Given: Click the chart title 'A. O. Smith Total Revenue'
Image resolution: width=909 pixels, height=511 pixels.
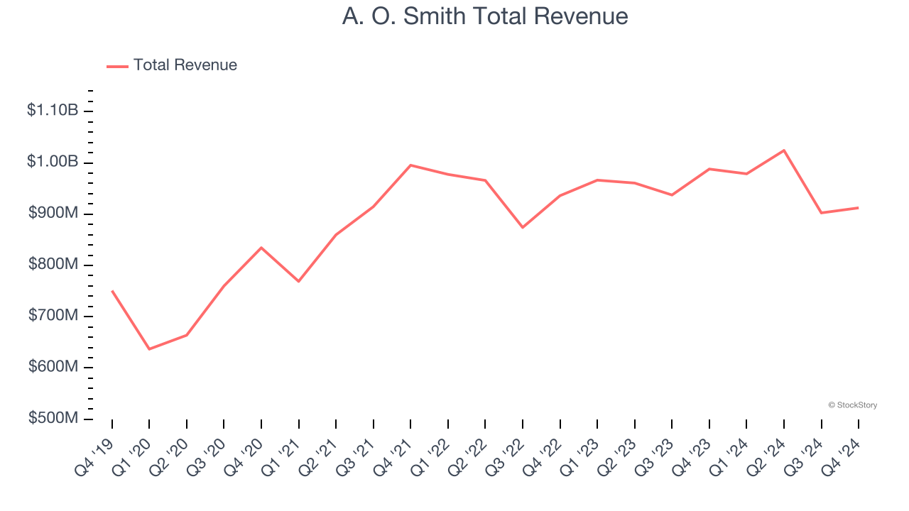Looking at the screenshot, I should click(485, 16).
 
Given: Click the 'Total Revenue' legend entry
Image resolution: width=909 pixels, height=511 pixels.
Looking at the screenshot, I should click(185, 65).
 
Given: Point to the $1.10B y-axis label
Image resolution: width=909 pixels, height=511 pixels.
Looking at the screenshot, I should click(53, 111).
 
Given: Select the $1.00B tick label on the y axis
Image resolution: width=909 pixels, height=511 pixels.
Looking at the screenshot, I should click(53, 162).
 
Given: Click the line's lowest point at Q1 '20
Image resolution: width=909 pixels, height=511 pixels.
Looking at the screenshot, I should click(149, 349).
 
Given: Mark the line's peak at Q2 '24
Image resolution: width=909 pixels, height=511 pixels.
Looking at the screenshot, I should click(784, 150).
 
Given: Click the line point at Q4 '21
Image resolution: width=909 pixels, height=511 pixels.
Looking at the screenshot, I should click(410, 165).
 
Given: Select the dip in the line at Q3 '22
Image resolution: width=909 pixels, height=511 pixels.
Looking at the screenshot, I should click(523, 227).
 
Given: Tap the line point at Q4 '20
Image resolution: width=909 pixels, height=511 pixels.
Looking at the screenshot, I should click(261, 248).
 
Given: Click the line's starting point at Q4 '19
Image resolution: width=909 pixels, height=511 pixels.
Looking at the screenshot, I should click(112, 291).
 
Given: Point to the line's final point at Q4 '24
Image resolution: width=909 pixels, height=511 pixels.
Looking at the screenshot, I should click(859, 208).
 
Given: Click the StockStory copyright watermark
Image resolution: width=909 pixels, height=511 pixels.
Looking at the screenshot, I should click(852, 405).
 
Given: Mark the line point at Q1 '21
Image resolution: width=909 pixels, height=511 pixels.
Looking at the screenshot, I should click(299, 282).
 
